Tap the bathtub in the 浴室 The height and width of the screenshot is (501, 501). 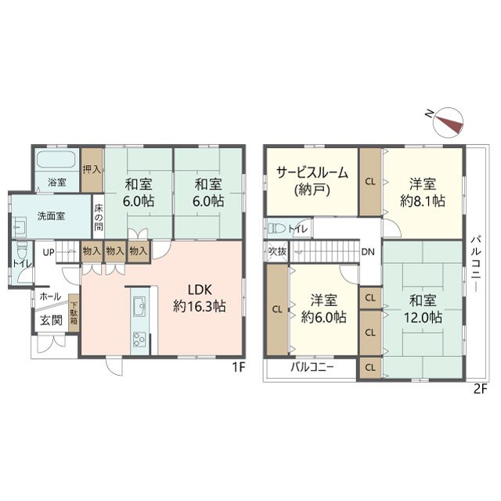coord(56,159)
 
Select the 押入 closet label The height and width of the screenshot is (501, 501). coord(92,169)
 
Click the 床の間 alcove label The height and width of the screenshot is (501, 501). coord(99,218)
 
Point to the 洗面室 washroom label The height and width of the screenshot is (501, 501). coord(51,216)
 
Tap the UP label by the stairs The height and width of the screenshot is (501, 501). coord(49,252)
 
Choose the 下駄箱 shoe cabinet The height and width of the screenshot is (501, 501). coord(74,313)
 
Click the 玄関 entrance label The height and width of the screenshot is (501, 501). coord(51,320)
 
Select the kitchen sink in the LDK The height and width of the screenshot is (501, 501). coord(139,307)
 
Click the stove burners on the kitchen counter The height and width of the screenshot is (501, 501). coord(139,339)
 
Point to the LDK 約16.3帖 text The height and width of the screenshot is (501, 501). coord(200,298)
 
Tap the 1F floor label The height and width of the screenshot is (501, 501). coord(238,367)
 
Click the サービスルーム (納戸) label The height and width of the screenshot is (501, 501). coord(312,181)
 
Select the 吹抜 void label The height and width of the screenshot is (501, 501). coord(277,251)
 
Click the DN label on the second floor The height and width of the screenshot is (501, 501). coord(368,252)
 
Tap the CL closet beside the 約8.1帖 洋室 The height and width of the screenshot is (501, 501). coord(370,182)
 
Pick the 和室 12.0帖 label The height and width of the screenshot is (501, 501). coord(423,309)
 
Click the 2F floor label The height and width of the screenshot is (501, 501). coord(480,389)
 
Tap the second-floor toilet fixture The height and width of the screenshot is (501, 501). coord(277,229)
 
